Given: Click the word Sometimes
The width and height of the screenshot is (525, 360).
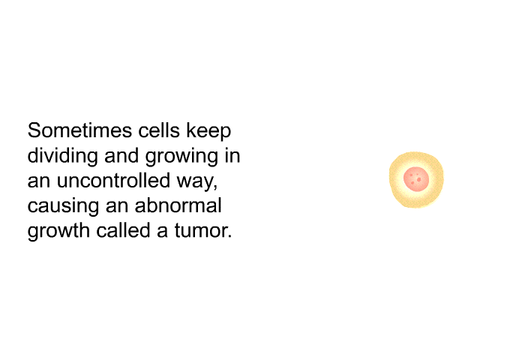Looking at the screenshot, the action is pyautogui.click(x=79, y=130).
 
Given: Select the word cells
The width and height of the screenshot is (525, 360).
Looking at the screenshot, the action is pyautogui.click(x=159, y=130).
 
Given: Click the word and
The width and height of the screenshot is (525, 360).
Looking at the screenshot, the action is pyautogui.click(x=121, y=155).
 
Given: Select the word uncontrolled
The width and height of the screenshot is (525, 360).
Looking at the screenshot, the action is pyautogui.click(x=113, y=181).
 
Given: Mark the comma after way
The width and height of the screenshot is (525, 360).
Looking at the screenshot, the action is pyautogui.click(x=216, y=187).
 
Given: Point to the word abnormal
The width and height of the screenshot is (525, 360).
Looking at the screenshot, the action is pyautogui.click(x=178, y=205).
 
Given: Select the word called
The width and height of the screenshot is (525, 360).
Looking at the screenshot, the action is pyautogui.click(x=123, y=231).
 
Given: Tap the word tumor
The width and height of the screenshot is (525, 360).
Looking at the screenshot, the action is pyautogui.click(x=200, y=231).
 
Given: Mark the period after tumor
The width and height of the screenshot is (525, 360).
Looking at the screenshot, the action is pyautogui.click(x=229, y=236).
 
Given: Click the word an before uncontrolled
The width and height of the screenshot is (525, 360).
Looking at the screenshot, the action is pyautogui.click(x=39, y=182).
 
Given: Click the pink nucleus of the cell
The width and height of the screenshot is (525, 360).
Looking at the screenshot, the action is pyautogui.click(x=416, y=179).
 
